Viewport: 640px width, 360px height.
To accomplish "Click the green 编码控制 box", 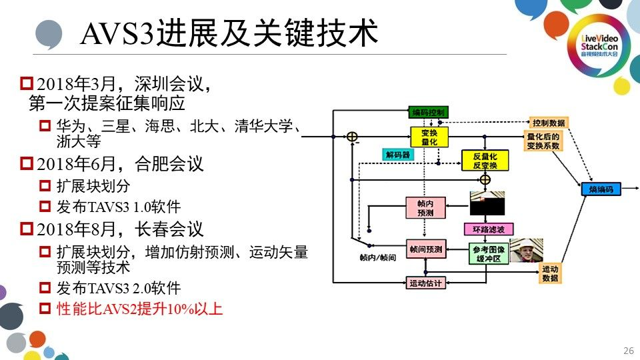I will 428,112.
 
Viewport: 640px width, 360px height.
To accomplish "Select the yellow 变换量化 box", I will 429,137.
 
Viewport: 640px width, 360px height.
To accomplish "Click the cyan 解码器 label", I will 397,155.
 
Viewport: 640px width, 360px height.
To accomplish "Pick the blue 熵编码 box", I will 601,189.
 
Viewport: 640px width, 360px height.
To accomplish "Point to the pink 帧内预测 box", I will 425,208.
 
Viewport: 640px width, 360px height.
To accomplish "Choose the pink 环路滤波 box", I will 489,229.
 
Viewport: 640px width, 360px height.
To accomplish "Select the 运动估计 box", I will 425,283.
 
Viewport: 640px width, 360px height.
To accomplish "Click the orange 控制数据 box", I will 549,123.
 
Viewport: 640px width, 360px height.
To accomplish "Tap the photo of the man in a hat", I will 527,251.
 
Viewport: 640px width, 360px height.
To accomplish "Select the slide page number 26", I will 627,351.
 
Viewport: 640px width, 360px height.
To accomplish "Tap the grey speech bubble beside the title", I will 49,33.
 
